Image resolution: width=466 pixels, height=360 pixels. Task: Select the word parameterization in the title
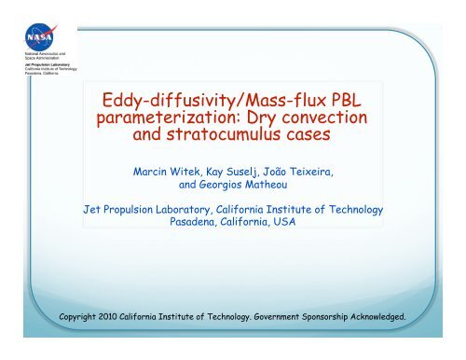(x=164, y=121)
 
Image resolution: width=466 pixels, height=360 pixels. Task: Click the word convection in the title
(x=318, y=121)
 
